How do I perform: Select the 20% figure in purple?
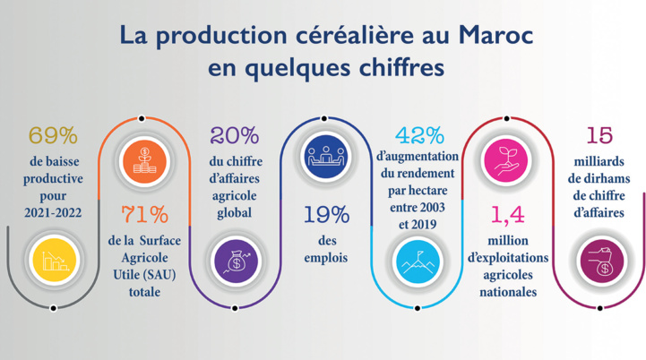click(234, 136)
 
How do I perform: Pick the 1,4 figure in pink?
click(507, 216)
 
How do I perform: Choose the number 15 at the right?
click(599, 136)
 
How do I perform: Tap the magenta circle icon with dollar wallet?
click(599, 261)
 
